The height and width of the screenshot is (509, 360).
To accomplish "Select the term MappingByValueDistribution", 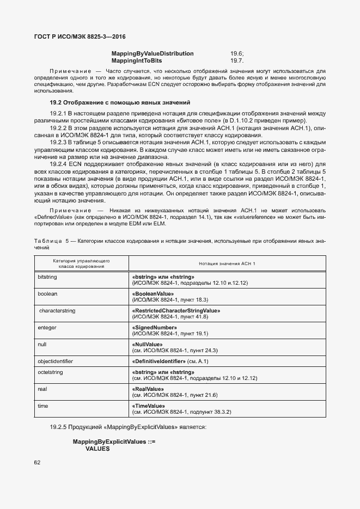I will pos(152,53).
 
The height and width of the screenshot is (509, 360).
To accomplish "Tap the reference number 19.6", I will pos(237,53).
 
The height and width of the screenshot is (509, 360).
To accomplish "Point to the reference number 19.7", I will pos(237,60).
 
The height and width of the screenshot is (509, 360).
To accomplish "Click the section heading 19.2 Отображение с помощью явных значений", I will pos(120,102).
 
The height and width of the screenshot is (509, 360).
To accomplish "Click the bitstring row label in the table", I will pos(47,277).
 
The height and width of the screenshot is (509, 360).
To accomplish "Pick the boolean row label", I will pos(47,293).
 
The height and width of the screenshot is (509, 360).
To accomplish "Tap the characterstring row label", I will pos(57,310).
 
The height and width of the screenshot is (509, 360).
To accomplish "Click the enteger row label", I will pos(47,327).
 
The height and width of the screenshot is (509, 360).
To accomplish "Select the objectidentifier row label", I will pos(55,361).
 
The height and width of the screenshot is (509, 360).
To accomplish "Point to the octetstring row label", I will pos(51,372).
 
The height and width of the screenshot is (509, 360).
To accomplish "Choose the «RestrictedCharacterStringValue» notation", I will pos(175,310).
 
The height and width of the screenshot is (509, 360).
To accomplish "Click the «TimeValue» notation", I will pos(149,406).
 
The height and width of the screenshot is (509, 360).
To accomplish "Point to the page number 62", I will pos(38,463).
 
